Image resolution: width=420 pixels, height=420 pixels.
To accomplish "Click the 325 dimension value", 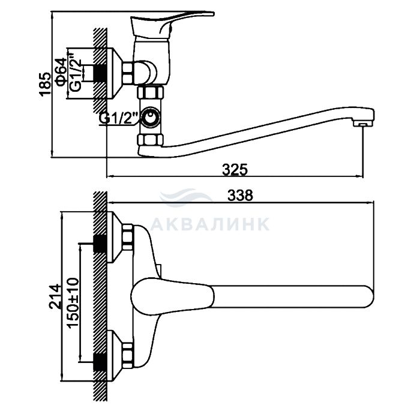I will click(235, 169).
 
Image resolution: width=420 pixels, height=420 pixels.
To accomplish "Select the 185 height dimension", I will click(44, 84).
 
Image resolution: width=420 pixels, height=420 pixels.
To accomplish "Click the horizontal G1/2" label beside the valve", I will click(119, 118).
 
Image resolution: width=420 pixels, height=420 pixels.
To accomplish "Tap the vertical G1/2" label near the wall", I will click(74, 71).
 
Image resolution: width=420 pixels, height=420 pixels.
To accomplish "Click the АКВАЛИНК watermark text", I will click(210, 224).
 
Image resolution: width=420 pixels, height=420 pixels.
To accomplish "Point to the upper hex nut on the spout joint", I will click(150, 92).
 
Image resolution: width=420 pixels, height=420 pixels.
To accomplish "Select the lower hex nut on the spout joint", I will click(150, 142).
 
